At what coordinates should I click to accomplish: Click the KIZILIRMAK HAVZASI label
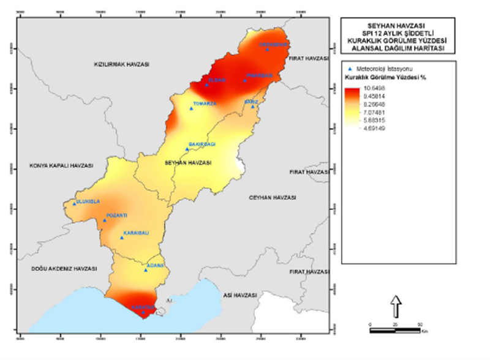pyautogui.click(x=121, y=64)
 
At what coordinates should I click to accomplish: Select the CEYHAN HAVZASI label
pyautogui.click(x=273, y=197)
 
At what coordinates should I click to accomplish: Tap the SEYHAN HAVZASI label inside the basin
pyautogui.click(x=188, y=163)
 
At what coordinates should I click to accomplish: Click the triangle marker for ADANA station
pyautogui.click(x=145, y=270)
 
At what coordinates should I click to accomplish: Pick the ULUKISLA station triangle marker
pyautogui.click(x=75, y=204)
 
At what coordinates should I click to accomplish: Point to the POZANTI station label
pyautogui.click(x=116, y=216)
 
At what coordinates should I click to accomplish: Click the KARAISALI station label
pyautogui.click(x=133, y=233)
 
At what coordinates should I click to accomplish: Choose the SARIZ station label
pyautogui.click(x=252, y=100)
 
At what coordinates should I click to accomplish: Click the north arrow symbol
pyautogui.click(x=396, y=302)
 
